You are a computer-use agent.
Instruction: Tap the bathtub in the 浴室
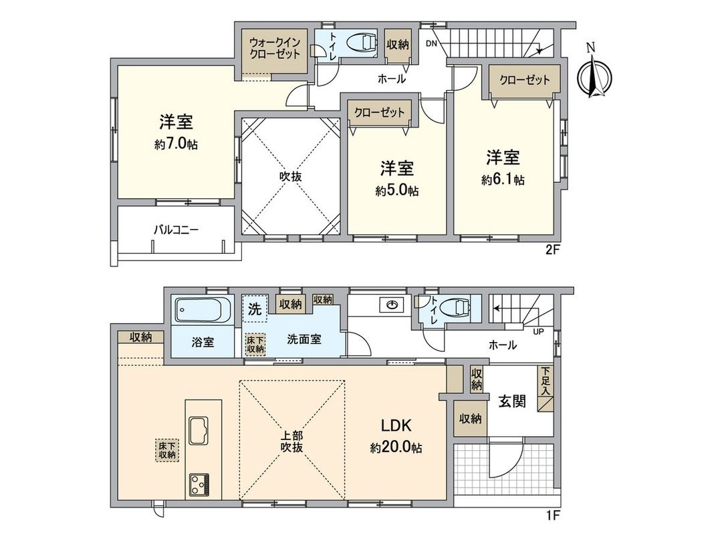[x=198, y=311]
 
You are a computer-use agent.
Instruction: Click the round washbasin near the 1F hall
[x=390, y=305]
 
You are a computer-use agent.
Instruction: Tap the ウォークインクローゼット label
[x=275, y=49]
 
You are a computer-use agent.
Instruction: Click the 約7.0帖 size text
[x=176, y=144]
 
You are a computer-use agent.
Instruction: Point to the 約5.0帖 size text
[x=397, y=191]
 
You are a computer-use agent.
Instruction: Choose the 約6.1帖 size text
[x=503, y=180]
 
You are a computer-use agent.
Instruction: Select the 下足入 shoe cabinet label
[x=546, y=381]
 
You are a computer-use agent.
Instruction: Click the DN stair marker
[x=431, y=44]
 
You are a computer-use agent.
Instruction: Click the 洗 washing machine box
[x=254, y=309]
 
